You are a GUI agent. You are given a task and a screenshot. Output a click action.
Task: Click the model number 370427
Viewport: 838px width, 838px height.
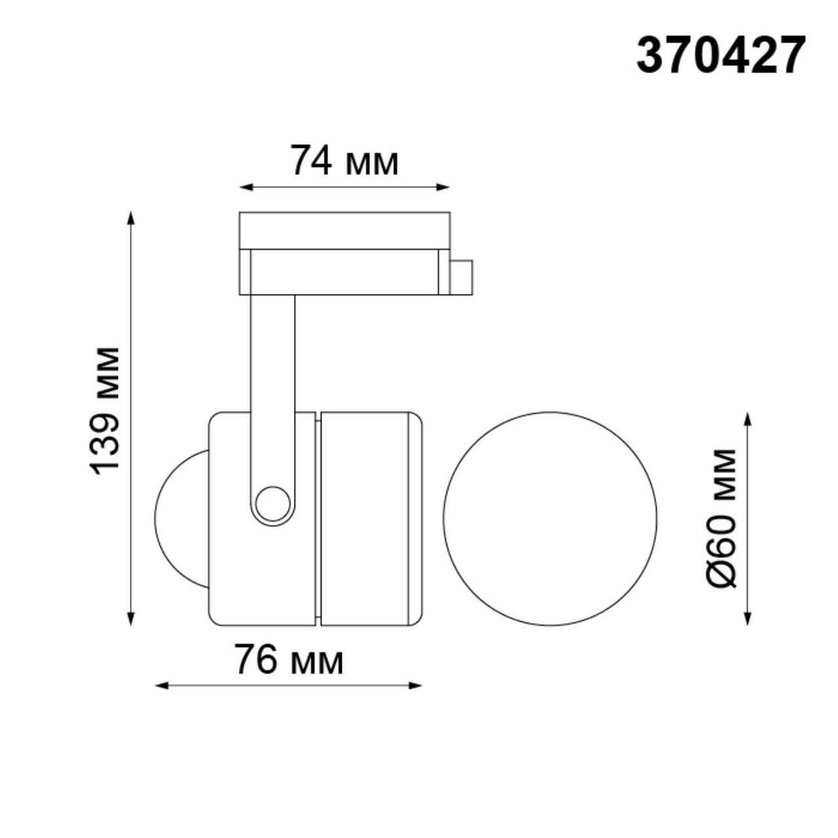(721, 56)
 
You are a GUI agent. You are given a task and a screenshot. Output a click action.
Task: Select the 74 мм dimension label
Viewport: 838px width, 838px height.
(344, 160)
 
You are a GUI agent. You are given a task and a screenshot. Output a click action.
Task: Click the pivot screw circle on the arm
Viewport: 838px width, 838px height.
(272, 504)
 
